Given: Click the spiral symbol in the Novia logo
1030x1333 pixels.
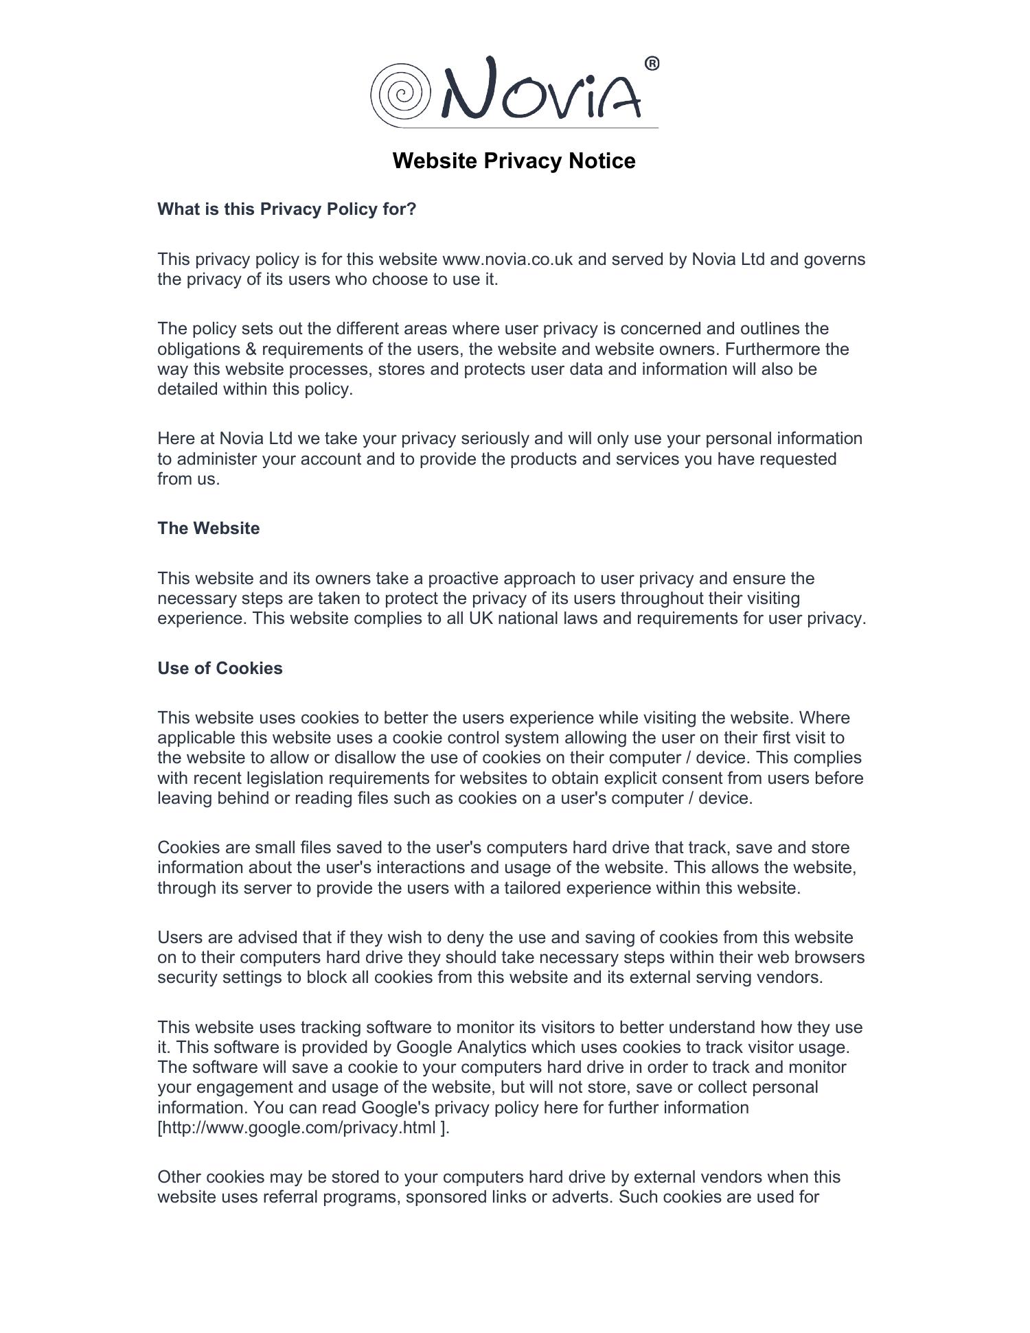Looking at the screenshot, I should [400, 95].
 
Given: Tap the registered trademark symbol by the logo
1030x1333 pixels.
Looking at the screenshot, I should [652, 64].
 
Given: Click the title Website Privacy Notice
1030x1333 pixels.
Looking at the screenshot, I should [514, 161].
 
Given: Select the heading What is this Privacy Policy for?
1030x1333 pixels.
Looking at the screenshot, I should [286, 209].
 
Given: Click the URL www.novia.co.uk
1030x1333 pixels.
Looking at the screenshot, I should [507, 259].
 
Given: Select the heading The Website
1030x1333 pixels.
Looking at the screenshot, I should [208, 529].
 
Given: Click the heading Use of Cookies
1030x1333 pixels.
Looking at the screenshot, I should [220, 669].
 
